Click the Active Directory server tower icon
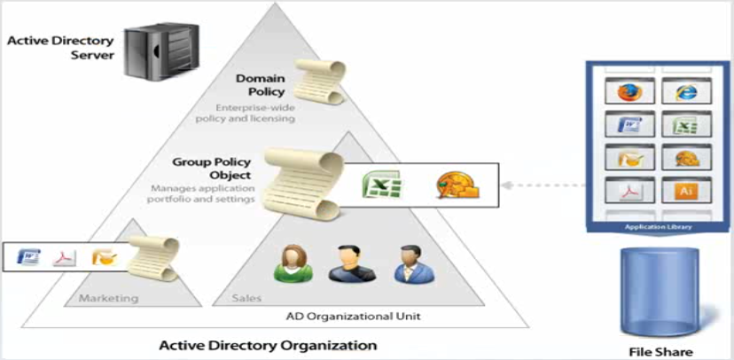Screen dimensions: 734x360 pos(161,51)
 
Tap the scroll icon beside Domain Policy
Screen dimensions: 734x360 pos(322,82)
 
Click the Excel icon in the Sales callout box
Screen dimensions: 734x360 pos(382,184)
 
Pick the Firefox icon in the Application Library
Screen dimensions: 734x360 pos(629,91)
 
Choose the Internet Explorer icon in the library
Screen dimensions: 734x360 pos(686,91)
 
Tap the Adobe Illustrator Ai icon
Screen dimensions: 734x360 pos(686,190)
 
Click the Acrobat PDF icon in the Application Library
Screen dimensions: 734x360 pos(629,191)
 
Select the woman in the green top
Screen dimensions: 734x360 pos(293,263)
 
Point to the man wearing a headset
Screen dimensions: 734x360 pos(352,263)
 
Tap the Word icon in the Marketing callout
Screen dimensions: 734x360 pos(28,256)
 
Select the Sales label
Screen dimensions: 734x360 pos(246,298)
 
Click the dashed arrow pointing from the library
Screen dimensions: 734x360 pos(543,185)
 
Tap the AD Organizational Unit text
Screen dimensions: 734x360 pos(353,316)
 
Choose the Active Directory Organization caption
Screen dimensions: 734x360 pos(268,346)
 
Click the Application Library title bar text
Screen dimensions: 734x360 pos(658,228)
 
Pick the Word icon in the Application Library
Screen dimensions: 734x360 pos(629,124)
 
